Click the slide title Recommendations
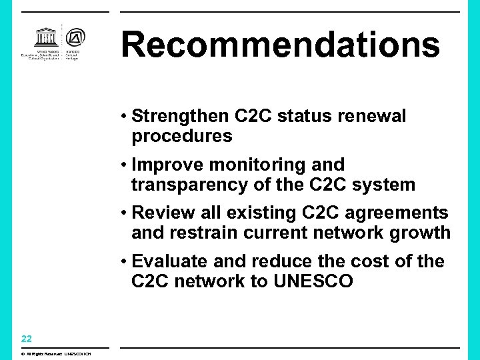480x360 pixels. (281, 45)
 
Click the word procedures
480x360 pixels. (182, 137)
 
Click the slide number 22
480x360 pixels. (27, 339)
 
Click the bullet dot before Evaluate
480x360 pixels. (125, 261)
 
